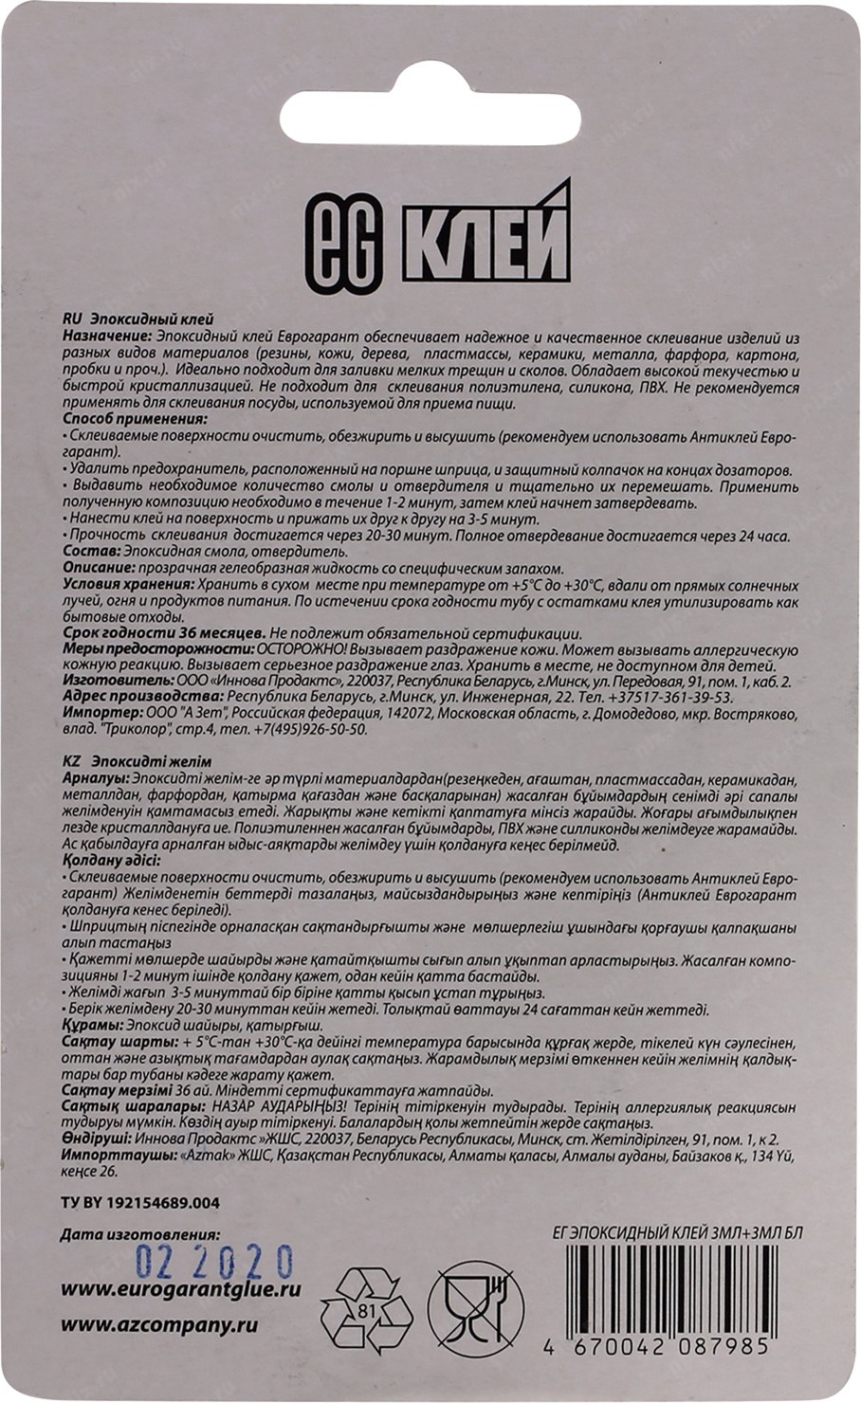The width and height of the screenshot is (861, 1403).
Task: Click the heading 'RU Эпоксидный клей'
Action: point(138,320)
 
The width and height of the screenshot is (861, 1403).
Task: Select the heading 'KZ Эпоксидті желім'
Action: point(137,761)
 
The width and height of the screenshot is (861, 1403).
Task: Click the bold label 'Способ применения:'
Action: point(135,418)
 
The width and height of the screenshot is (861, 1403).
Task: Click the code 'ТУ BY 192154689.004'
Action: point(139,1203)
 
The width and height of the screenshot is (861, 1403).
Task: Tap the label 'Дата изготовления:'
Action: point(139,1235)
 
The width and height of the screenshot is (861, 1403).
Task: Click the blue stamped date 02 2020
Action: point(213,1262)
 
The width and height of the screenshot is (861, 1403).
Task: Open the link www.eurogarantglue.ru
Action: point(180,1289)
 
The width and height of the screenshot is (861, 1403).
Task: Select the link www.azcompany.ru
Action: point(158,1325)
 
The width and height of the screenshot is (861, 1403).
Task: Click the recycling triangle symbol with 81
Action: point(367,1311)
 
